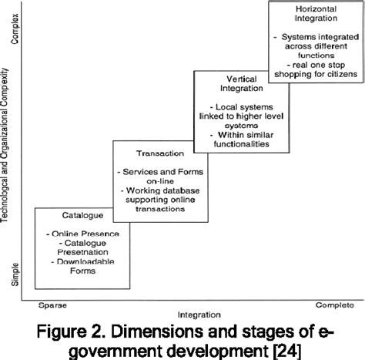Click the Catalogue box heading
tap(74, 217)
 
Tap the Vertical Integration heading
tap(232, 85)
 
